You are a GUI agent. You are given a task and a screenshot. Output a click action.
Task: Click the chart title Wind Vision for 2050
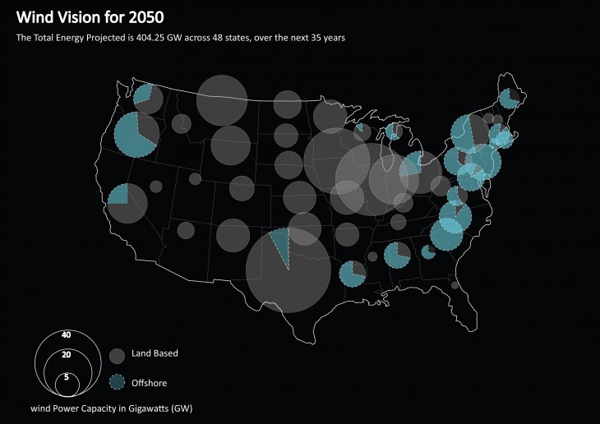click(90, 17)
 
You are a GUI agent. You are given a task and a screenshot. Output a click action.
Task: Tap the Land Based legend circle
click(118, 355)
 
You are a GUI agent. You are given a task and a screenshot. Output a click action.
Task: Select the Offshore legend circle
click(118, 382)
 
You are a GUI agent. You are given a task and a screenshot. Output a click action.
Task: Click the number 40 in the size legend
click(67, 335)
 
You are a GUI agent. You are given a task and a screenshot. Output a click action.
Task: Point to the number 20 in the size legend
click(67, 354)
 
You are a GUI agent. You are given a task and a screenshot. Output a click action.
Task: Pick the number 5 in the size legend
click(67, 376)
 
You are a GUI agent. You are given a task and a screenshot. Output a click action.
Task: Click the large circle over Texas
click(288, 271)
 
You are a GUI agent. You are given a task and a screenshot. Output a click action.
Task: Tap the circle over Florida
click(455, 285)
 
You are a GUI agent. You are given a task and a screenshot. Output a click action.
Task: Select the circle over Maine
click(509, 99)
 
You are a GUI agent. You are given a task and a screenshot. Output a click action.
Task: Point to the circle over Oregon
click(136, 135)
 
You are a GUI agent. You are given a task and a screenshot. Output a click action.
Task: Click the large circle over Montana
click(222, 99)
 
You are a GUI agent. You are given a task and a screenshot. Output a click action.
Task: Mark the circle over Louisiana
click(353, 274)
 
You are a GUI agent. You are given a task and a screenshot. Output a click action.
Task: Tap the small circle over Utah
click(195, 178)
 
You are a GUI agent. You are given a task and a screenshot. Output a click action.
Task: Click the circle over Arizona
click(186, 230)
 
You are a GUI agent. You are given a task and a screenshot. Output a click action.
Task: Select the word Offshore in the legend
click(149, 382)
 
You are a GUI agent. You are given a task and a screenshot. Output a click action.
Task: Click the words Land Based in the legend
click(155, 353)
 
